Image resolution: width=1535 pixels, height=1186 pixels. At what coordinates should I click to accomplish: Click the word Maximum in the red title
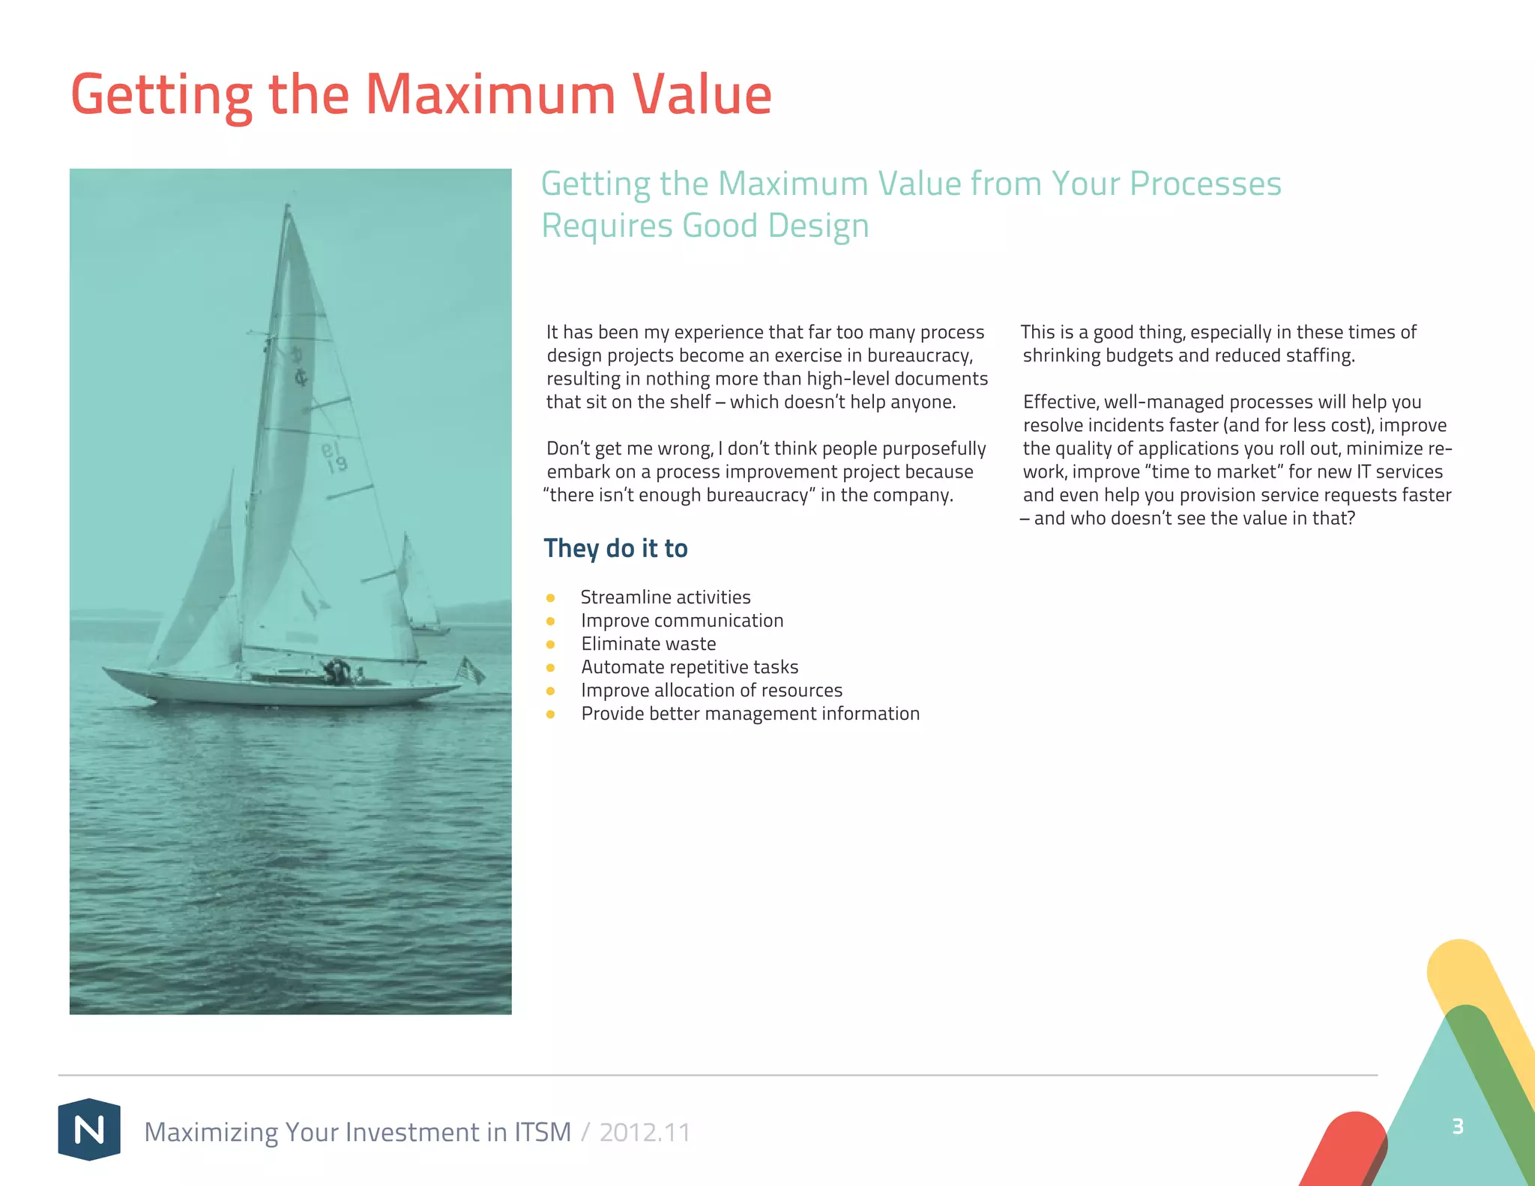pyautogui.click(x=490, y=95)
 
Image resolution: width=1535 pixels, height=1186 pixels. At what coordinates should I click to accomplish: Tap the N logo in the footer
pyautogui.click(x=89, y=1129)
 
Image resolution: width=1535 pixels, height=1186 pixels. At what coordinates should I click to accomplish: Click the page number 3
pyautogui.click(x=1457, y=1126)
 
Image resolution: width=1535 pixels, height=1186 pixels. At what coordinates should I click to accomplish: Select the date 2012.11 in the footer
pyautogui.click(x=645, y=1132)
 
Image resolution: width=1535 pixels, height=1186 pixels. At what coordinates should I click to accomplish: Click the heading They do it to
pyautogui.click(x=615, y=548)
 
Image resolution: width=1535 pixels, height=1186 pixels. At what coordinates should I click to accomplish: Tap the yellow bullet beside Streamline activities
pyautogui.click(x=550, y=597)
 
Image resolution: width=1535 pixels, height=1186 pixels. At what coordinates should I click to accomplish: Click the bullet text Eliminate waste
pyautogui.click(x=648, y=643)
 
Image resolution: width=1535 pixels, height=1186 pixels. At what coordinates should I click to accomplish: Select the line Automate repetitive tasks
pyautogui.click(x=690, y=666)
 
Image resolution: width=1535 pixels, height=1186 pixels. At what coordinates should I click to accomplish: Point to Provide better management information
pyautogui.click(x=750, y=713)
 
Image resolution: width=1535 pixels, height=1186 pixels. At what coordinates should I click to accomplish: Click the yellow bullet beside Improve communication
pyautogui.click(x=550, y=621)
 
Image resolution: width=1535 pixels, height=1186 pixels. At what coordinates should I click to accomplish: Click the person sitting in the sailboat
pyautogui.click(x=337, y=669)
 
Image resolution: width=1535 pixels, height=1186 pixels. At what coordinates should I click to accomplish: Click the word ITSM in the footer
pyautogui.click(x=543, y=1132)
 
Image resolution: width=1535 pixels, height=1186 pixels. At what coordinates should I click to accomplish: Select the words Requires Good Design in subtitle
pyautogui.click(x=705, y=226)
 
